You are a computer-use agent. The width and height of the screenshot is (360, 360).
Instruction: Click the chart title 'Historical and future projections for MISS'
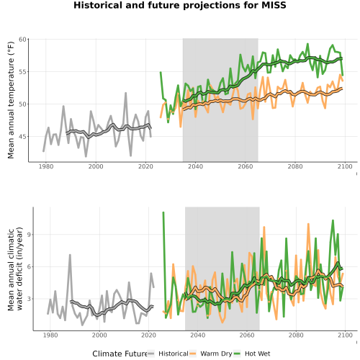coord(180,5)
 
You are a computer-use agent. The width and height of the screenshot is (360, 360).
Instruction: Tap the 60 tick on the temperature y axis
coord(22,39)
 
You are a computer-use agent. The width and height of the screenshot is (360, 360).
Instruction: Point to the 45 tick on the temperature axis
coord(22,137)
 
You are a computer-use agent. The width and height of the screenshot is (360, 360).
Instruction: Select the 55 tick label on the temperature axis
coord(22,72)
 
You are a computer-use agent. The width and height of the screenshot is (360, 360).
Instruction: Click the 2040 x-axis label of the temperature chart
coord(195,166)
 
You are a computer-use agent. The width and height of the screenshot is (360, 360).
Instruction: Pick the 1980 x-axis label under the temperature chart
coord(46,166)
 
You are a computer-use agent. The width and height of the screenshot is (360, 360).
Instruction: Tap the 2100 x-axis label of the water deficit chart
coord(345,335)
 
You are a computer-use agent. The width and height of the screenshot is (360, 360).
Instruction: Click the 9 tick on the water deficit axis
coord(29,235)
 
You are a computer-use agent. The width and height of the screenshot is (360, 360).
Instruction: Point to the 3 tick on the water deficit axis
coord(29,299)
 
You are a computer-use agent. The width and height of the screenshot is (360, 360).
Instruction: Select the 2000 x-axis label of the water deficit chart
coord(99,335)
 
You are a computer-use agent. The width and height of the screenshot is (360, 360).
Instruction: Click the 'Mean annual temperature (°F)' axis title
coord(11,100)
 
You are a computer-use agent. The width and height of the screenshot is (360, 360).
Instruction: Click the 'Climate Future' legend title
coord(120,354)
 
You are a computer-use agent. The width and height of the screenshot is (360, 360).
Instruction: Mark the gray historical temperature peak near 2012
coord(125,93)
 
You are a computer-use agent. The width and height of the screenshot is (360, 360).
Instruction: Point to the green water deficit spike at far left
coord(163,212)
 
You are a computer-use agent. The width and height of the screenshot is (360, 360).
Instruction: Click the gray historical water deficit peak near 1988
coord(70,255)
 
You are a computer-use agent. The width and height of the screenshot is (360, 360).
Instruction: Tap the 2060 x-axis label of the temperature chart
coord(246,166)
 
